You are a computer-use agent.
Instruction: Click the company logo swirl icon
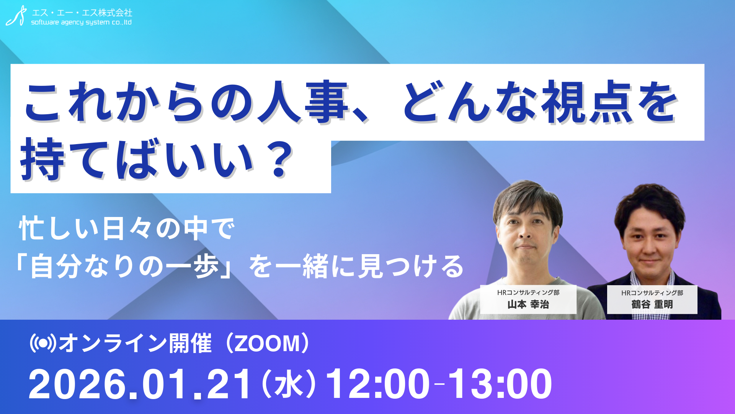pyautogui.click(x=16, y=16)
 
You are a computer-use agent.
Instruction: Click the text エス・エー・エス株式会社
pyautogui.click(x=82, y=13)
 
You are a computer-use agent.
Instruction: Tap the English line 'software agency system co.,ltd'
pyautogui.click(x=81, y=22)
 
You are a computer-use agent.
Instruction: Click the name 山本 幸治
pyautogui.click(x=528, y=304)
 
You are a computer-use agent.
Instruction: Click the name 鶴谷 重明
pyautogui.click(x=652, y=304)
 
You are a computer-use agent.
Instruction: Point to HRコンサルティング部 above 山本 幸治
pyautogui.click(x=528, y=292)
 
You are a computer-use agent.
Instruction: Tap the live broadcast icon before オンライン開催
pyautogui.click(x=43, y=343)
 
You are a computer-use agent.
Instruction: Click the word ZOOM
pyautogui.click(x=267, y=343)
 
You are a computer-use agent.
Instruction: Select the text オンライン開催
pyautogui.click(x=135, y=343)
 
